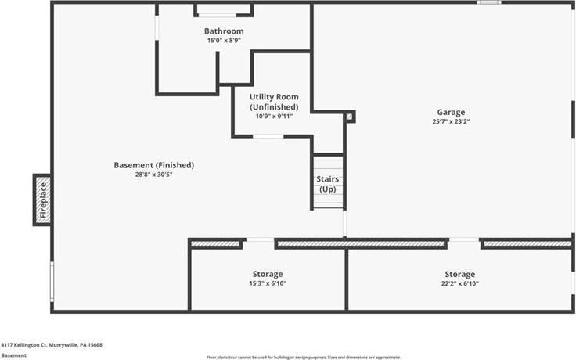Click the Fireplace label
point(43,200)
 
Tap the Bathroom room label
point(224,31)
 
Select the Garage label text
point(451,113)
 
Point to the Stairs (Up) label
point(328,184)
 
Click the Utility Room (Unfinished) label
point(274,102)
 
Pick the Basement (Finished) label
point(154,165)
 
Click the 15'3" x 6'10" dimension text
point(268,283)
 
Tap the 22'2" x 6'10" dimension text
point(460,283)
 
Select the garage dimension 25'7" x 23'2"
point(451,121)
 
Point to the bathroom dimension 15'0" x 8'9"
point(224,40)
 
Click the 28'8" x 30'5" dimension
point(153,174)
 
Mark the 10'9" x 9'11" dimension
point(274,116)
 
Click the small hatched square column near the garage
point(349,117)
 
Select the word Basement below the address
point(13,355)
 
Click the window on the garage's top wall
point(489,2)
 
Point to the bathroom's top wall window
point(217,16)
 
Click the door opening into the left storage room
point(260,240)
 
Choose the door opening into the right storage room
point(464,240)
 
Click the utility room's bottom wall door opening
point(268,136)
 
